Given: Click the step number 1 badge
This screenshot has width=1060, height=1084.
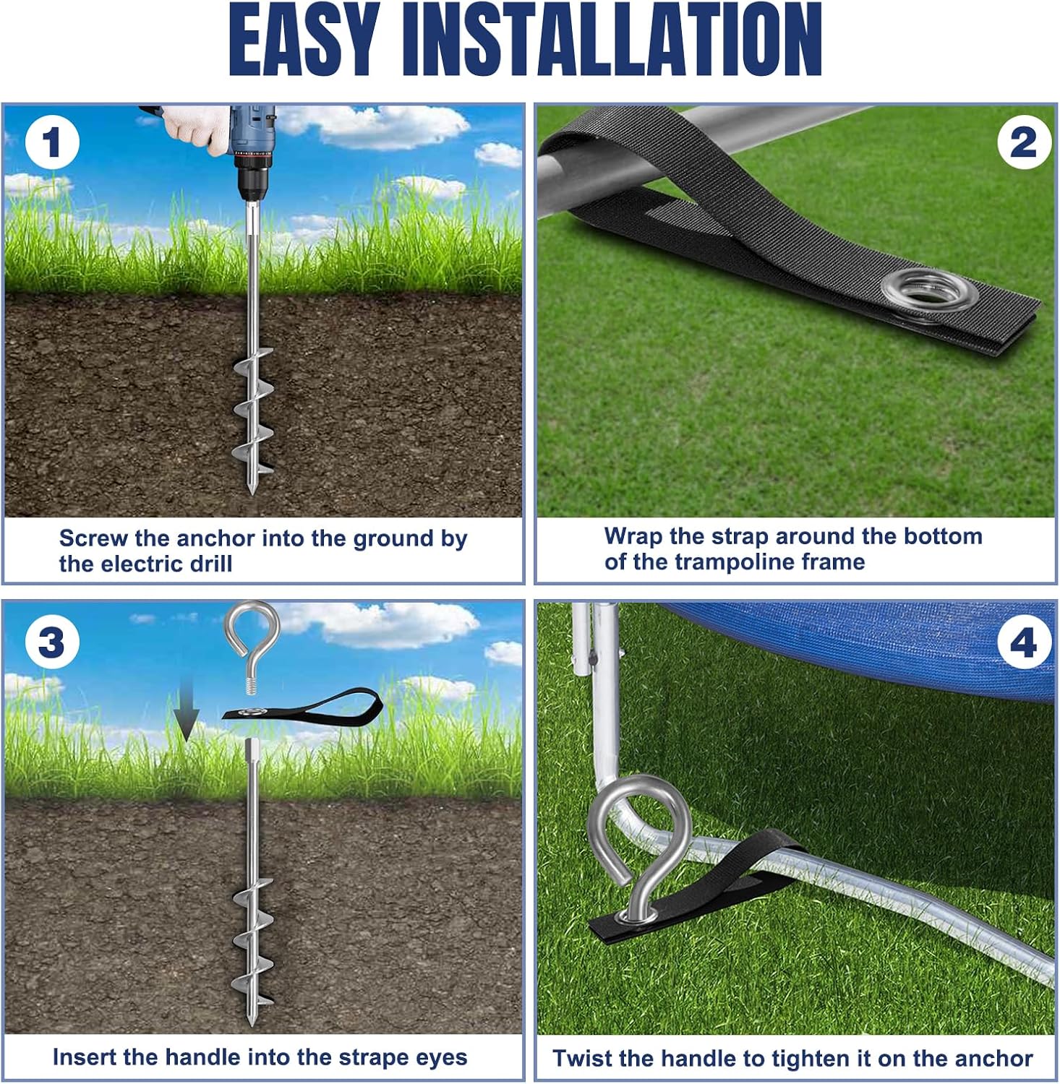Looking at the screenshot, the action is tap(51, 142).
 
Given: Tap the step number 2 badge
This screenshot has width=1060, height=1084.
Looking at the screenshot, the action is tap(1023, 142).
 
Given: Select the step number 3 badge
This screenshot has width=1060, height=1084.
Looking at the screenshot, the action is tap(51, 642).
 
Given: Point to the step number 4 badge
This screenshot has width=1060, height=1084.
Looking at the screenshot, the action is tap(1023, 642).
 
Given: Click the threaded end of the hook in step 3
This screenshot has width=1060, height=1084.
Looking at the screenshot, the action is tap(252, 684).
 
